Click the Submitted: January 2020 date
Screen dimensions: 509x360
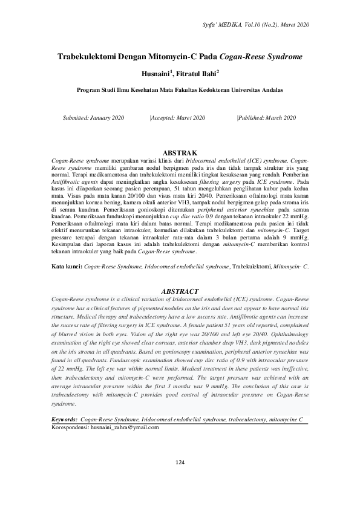93,117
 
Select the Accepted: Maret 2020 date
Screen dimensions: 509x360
178,117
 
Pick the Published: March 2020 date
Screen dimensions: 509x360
267,117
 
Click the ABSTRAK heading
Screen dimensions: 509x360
181,154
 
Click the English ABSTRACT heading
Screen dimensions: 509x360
181,291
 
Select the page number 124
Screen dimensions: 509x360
180,479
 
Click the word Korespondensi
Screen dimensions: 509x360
70,427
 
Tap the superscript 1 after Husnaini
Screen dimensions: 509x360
172,71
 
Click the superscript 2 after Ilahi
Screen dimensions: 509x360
218,71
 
